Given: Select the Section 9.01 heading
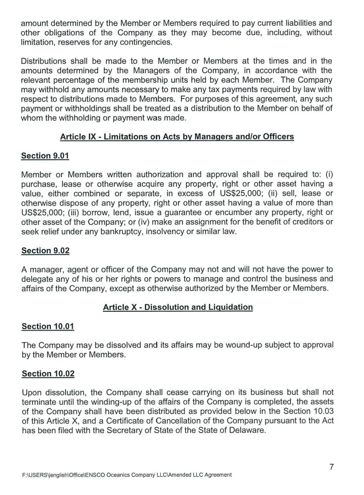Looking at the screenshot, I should [x=45, y=156].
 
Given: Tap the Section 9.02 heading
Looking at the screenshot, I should [x=45, y=250].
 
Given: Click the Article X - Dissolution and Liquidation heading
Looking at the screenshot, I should [x=178, y=307].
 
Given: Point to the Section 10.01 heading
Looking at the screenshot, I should [x=47, y=326].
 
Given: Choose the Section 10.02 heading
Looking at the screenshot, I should [x=47, y=373].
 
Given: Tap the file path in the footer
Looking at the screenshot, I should [x=127, y=475].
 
